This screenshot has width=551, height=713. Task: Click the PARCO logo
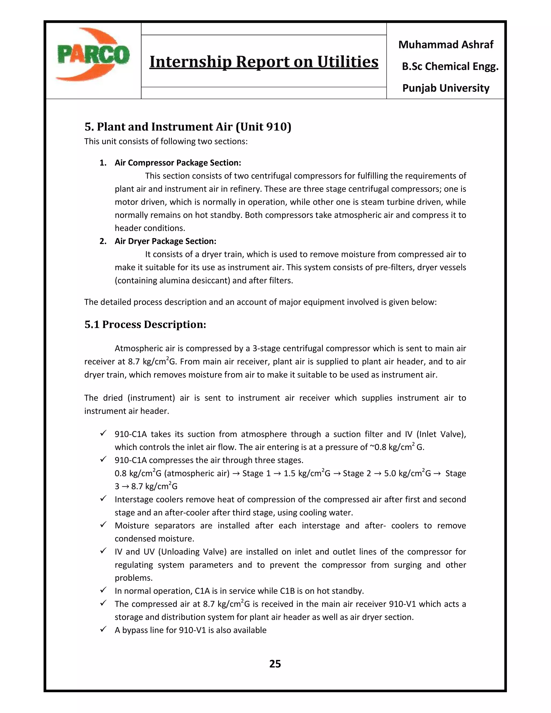coord(93,55)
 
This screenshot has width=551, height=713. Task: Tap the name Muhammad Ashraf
coord(446,45)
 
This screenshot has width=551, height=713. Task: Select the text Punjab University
coord(446,88)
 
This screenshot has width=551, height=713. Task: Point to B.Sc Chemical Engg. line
coord(450,67)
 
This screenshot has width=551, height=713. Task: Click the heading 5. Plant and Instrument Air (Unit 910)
coord(188,127)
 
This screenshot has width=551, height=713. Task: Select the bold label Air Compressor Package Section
coord(178,163)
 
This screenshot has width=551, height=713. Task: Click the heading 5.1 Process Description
coord(145,324)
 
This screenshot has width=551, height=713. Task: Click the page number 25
coord(275,664)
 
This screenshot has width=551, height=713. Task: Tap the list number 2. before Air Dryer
coord(103,241)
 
